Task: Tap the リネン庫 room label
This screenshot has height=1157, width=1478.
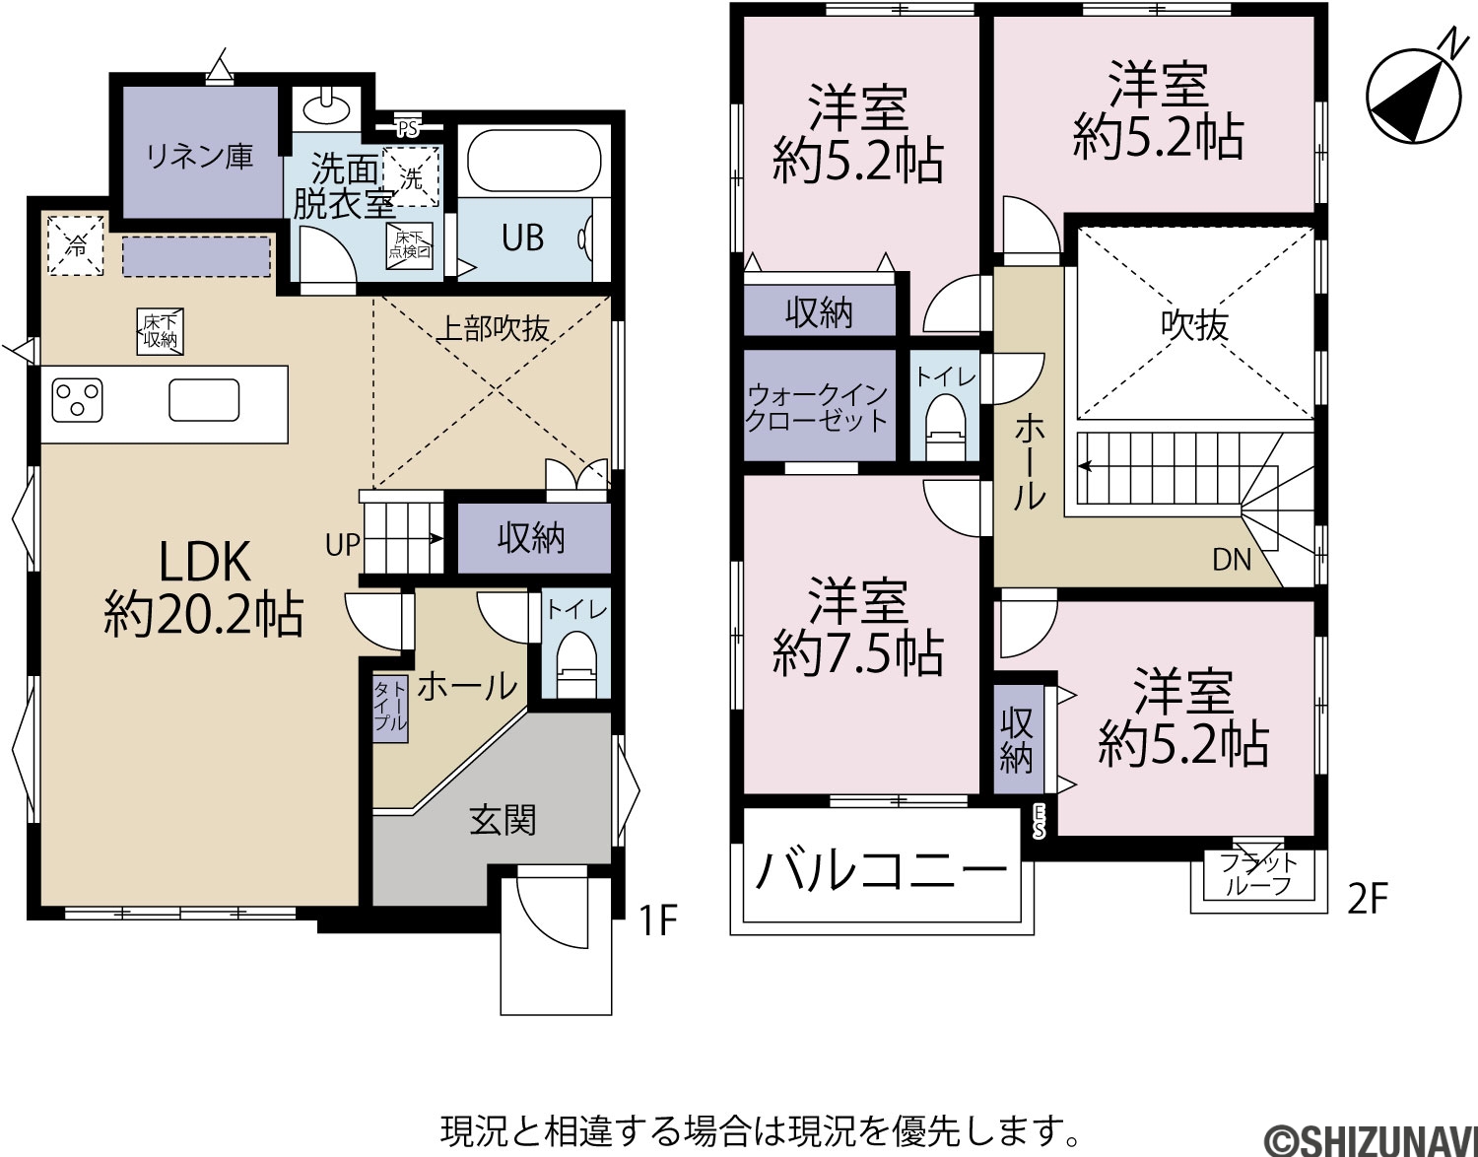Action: [x=199, y=157]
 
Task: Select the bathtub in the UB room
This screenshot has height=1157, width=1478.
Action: [x=534, y=162]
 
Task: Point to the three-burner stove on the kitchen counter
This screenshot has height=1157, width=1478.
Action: [x=77, y=400]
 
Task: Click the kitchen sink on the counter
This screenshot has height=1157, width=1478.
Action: [x=204, y=400]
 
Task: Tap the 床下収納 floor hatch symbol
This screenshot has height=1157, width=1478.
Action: [x=160, y=332]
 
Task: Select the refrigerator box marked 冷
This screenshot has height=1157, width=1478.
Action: [x=76, y=246]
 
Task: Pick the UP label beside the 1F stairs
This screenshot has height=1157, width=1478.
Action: [x=342, y=544]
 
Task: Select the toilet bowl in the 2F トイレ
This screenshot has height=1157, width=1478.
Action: [x=946, y=426]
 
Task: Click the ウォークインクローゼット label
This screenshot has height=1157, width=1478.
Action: [x=817, y=407]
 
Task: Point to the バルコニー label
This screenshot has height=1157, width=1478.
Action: [x=882, y=872]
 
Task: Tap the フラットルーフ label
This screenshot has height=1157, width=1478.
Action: [x=1257, y=874]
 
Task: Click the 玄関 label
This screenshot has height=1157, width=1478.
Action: [x=503, y=820]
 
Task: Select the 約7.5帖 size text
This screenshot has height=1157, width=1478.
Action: [x=858, y=653]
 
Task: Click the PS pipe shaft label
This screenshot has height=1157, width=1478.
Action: [x=408, y=128]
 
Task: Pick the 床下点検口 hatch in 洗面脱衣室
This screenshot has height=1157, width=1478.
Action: [x=410, y=245]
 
